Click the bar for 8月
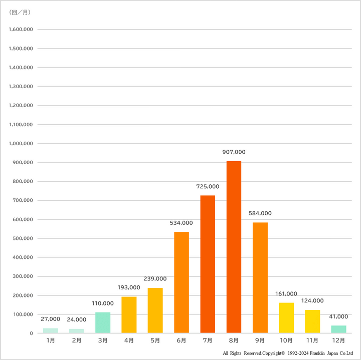(x=234, y=247)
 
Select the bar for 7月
(x=208, y=264)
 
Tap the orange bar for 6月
(x=182, y=282)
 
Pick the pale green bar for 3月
(x=103, y=323)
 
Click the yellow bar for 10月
(x=286, y=318)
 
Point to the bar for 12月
(x=338, y=329)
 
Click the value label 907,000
(x=234, y=152)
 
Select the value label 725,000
(x=208, y=187)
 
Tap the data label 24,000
(x=77, y=319)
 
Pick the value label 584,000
(x=260, y=213)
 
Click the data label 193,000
(x=129, y=287)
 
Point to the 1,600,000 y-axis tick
(x=21, y=30)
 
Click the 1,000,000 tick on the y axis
(x=21, y=144)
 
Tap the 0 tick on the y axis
(x=31, y=333)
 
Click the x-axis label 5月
(x=155, y=340)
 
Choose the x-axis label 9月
(x=260, y=340)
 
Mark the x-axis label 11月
(x=312, y=340)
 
